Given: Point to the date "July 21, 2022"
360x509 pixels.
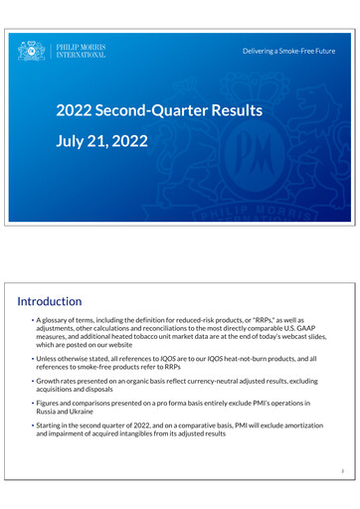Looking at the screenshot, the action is click(101, 142).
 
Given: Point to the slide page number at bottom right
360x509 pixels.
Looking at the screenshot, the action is click(340, 472).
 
